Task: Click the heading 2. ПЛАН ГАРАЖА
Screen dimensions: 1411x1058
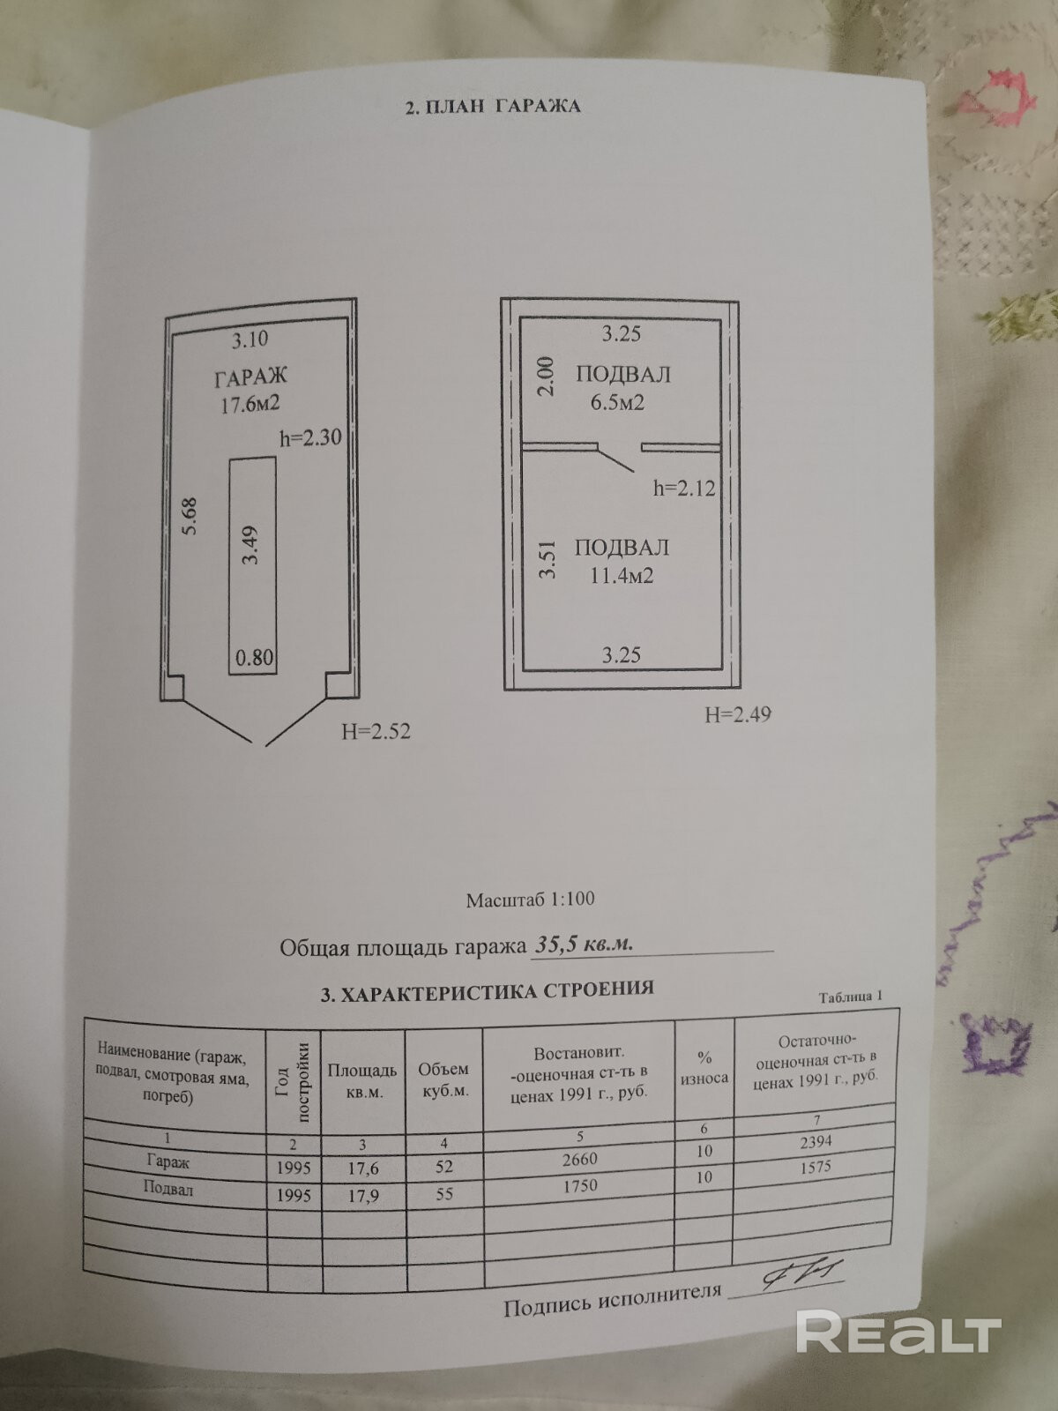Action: click(492, 107)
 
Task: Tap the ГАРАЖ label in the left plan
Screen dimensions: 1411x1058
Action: click(250, 377)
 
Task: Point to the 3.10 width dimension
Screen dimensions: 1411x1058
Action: click(250, 339)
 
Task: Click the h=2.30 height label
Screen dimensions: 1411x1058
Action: click(310, 437)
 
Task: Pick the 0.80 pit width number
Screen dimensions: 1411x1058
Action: click(254, 657)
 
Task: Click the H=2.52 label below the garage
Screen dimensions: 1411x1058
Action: click(376, 731)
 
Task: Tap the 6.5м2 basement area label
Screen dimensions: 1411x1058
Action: click(622, 403)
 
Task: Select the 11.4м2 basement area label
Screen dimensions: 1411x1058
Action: click(622, 576)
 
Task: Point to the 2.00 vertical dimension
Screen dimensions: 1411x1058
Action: click(547, 375)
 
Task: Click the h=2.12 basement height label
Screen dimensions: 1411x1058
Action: click(684, 488)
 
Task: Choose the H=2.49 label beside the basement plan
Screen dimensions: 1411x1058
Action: click(737, 714)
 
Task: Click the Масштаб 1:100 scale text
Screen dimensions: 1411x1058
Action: click(530, 900)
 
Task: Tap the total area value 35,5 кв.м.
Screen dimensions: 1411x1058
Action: click(584, 944)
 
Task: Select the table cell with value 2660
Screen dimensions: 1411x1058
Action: click(578, 1160)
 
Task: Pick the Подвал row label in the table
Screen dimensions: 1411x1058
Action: click(168, 1190)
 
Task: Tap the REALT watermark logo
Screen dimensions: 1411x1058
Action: click(898, 1333)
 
